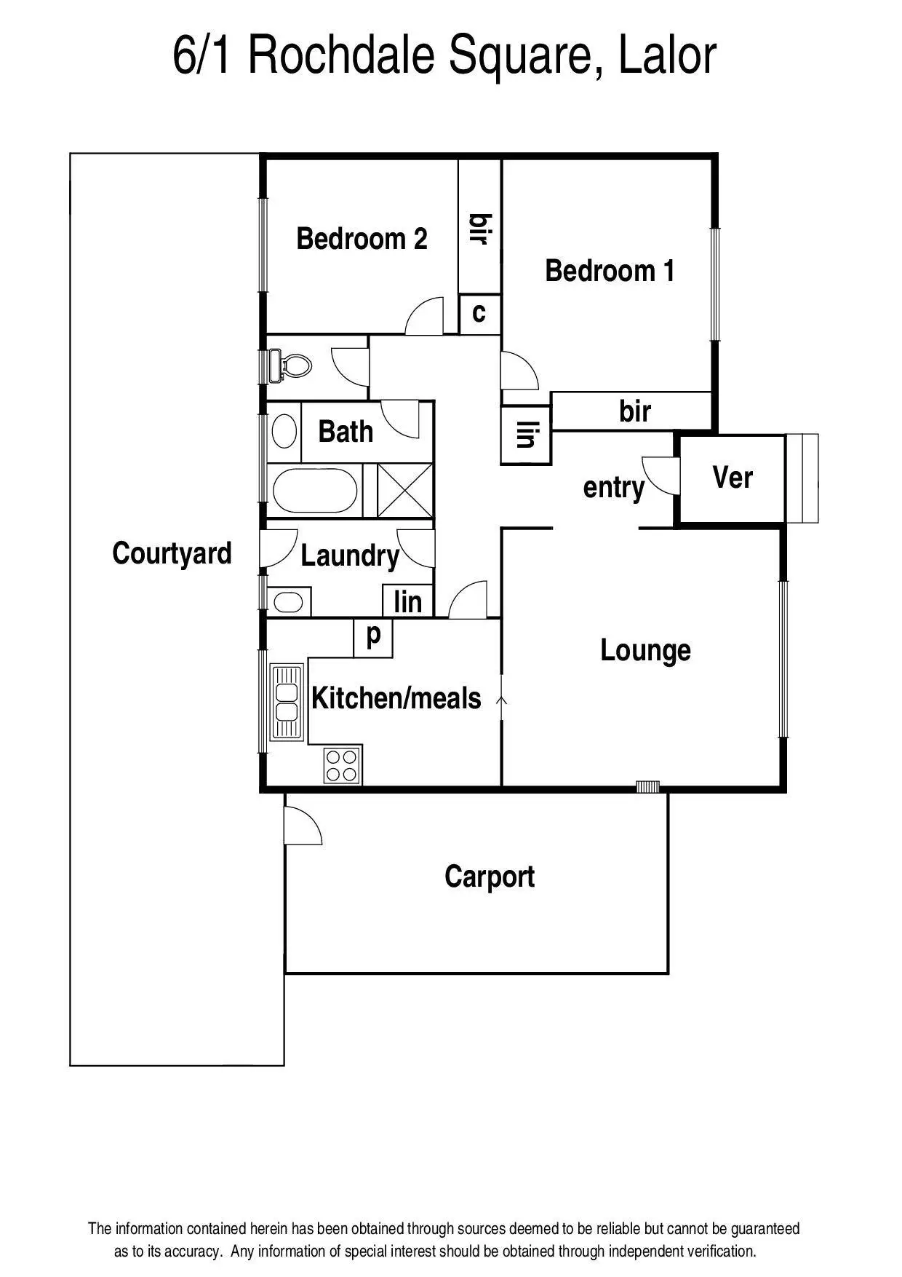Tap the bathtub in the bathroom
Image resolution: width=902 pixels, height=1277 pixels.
[315, 491]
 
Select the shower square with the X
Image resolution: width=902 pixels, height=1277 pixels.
[405, 491]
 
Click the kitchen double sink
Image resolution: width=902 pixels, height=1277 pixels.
[287, 702]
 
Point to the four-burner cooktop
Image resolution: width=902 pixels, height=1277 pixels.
[342, 765]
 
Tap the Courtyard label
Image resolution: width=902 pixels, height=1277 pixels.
[172, 553]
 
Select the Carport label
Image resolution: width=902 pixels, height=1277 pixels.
[489, 877]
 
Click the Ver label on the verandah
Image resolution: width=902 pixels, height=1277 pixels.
[732, 478]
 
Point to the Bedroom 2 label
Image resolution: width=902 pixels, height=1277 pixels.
[362, 239]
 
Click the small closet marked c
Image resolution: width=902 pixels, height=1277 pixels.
[479, 313]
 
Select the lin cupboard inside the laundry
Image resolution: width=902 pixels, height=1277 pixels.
[407, 601]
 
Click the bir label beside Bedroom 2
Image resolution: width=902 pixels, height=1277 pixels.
[479, 229]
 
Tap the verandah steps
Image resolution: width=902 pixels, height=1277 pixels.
[802, 478]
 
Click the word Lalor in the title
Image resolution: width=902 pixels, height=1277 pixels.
[667, 56]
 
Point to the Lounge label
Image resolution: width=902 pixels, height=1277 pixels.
[645, 650]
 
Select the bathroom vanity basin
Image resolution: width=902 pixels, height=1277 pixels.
[284, 431]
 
